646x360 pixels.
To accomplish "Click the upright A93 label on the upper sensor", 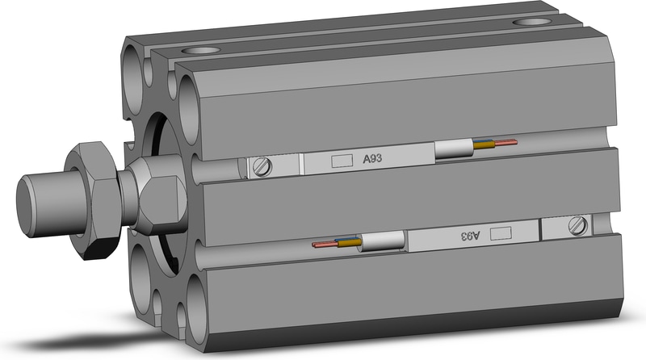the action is pos(372,158).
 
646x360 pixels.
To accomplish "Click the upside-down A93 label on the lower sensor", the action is pos(471,236).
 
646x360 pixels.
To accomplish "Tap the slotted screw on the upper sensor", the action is pos(262,167).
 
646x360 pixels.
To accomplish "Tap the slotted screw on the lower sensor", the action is pos(578,226).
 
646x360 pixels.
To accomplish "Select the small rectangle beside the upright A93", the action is pos(342,161).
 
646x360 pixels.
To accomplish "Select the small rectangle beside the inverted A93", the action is pos(501,233).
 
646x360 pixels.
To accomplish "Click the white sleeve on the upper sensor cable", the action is pos(455,149).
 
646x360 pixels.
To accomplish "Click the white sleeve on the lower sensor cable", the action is pos(382,241).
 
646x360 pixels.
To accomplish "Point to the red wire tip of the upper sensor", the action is pos(516,142).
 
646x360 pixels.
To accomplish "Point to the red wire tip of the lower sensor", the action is pos(314,245).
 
